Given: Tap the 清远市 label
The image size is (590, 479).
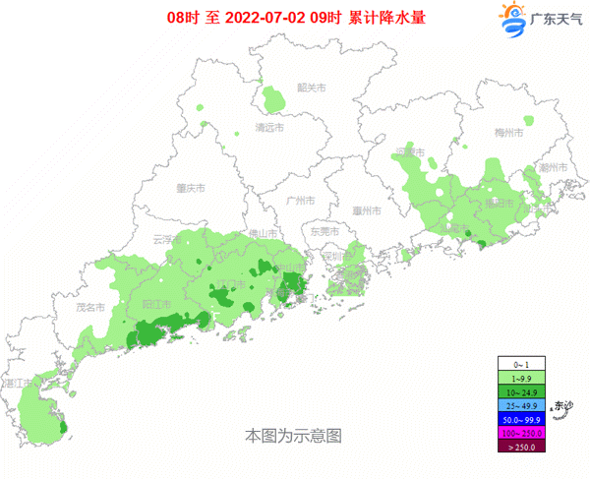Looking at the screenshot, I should click(x=268, y=129).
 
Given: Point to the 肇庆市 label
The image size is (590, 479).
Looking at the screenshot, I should click(x=190, y=188).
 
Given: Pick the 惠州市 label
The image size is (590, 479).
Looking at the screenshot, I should click(x=366, y=210).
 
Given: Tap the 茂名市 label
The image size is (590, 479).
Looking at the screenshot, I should click(x=91, y=307).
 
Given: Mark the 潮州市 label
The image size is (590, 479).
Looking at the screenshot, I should click(x=554, y=168).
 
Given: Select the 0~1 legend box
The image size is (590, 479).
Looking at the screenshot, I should click(x=521, y=364).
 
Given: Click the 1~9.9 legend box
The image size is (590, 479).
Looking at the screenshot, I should click(x=521, y=378).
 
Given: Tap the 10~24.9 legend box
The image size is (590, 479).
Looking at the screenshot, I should click(x=521, y=391).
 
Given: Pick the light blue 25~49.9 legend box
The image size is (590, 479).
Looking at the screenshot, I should click(x=521, y=405).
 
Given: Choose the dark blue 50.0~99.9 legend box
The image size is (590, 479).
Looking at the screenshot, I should click(x=521, y=419).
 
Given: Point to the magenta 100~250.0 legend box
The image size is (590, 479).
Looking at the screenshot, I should click(x=521, y=433).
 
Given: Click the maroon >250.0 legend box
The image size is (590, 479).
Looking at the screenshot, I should click(x=521, y=447).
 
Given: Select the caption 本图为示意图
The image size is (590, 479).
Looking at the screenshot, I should click(x=293, y=434).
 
